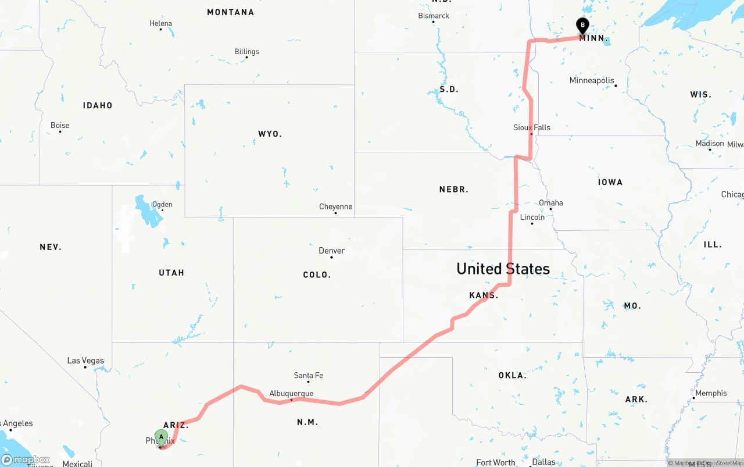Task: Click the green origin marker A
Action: coord(161,437)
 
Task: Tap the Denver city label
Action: coord(331,251)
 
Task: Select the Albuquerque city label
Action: coord(291,394)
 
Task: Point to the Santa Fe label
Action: coord(308,376)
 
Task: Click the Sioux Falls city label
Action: coord(531,127)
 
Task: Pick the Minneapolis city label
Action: coord(592,80)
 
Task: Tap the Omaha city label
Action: coord(550,203)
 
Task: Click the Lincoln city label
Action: coord(532,217)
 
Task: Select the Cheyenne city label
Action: coord(335,207)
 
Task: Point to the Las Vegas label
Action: coord(85,361)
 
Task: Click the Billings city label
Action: coord(246,52)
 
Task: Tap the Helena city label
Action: coord(160,24)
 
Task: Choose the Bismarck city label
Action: coord(434,16)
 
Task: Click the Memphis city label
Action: coord(711,393)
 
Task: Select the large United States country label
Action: coord(503,269)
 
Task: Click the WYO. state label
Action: coord(270,134)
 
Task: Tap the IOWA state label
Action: coord(610,182)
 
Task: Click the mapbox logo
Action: coord(26,459)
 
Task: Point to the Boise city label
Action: coord(60,126)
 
